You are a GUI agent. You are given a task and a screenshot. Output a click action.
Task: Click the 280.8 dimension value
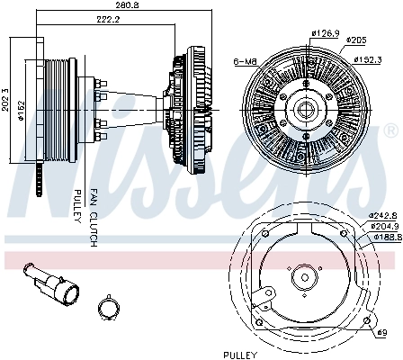pos(128,5)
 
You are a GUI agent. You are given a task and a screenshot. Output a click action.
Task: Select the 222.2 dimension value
pos(108,20)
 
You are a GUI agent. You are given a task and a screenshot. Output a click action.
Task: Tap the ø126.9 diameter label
pos(326,33)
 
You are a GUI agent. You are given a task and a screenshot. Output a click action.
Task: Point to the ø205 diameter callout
pos(356,40)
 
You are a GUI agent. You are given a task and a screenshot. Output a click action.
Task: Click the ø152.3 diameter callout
pos(368,59)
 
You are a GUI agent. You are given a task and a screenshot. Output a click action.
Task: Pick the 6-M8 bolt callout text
pos(246,62)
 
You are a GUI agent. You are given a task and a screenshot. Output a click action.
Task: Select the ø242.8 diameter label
pos(383,215)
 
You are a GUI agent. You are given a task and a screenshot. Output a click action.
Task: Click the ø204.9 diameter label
pos(384,226)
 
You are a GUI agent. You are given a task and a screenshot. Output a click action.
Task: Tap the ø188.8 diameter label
pos(388,237)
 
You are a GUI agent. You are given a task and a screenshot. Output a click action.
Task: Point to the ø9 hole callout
pos(382,333)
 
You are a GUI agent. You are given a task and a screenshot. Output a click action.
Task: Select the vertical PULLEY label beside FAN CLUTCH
pos(77,206)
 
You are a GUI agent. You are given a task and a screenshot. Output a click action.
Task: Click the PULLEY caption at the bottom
pos(240,355)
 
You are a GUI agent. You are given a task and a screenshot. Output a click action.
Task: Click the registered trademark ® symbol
pos(391,130)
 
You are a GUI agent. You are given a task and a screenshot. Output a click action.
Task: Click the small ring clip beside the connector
pos(108,308)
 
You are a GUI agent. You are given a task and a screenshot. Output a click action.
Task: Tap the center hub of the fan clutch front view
pos(306,110)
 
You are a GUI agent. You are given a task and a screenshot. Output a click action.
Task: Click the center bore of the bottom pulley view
pos(305,277)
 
